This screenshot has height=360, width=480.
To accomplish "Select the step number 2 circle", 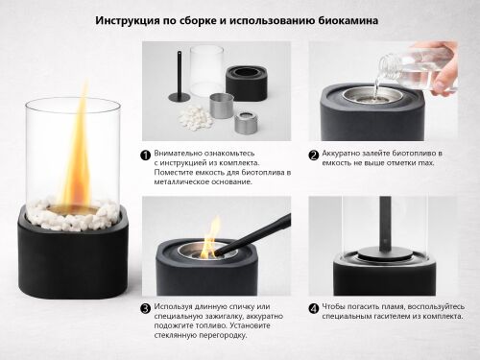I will coord(314,154).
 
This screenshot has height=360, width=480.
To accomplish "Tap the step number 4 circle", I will coord(314,309).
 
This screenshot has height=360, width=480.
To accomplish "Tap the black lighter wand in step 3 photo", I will coord(259,235).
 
